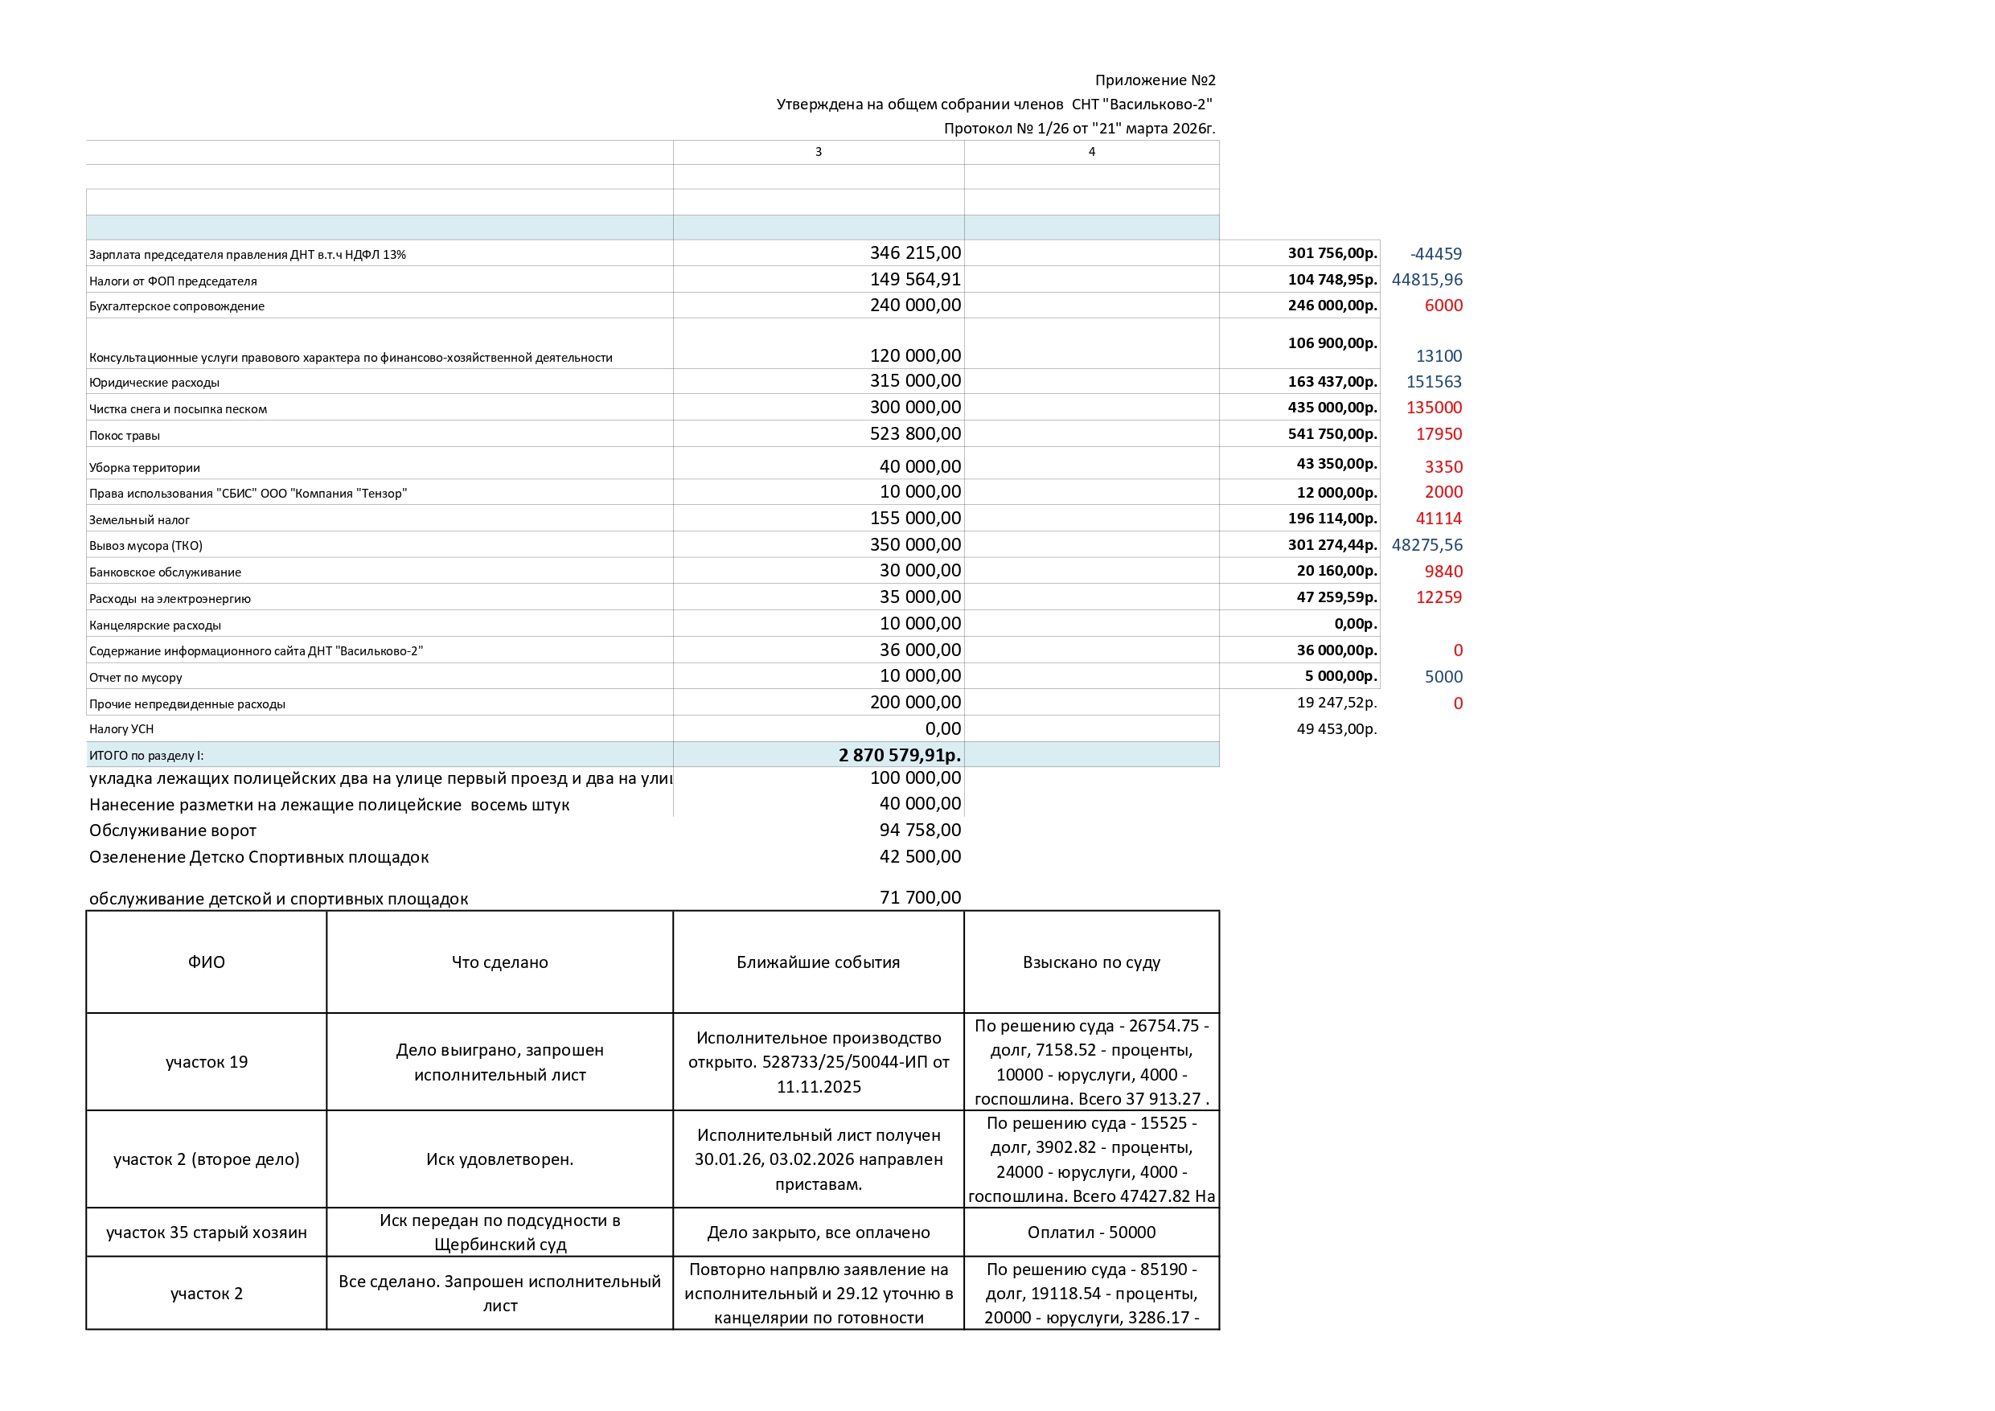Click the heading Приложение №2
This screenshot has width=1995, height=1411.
[1154, 80]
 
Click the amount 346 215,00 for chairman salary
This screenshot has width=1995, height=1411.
[915, 252]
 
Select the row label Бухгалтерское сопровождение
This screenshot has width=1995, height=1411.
[176, 306]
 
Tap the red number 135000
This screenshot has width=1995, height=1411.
[1434, 408]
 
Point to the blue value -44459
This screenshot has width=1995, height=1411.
[1435, 254]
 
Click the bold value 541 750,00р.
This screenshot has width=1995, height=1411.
[1332, 433]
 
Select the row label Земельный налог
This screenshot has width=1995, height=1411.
[139, 519]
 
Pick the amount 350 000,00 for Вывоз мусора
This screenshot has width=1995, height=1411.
[915, 545]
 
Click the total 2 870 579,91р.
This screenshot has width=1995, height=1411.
[899, 755]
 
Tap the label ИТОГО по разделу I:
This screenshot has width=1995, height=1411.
[146, 756]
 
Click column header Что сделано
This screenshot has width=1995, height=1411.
[499, 962]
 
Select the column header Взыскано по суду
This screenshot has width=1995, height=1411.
[1091, 962]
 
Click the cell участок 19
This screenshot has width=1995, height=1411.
[207, 1062]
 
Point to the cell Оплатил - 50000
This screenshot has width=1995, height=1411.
[1091, 1232]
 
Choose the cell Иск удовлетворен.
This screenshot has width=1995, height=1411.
[499, 1159]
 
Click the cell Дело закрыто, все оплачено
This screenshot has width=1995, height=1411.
[819, 1232]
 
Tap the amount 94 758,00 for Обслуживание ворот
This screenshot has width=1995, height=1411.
[919, 830]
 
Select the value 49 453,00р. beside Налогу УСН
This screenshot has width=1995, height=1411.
[1336, 729]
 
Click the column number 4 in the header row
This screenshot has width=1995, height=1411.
[1091, 152]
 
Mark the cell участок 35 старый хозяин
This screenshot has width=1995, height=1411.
[207, 1232]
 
